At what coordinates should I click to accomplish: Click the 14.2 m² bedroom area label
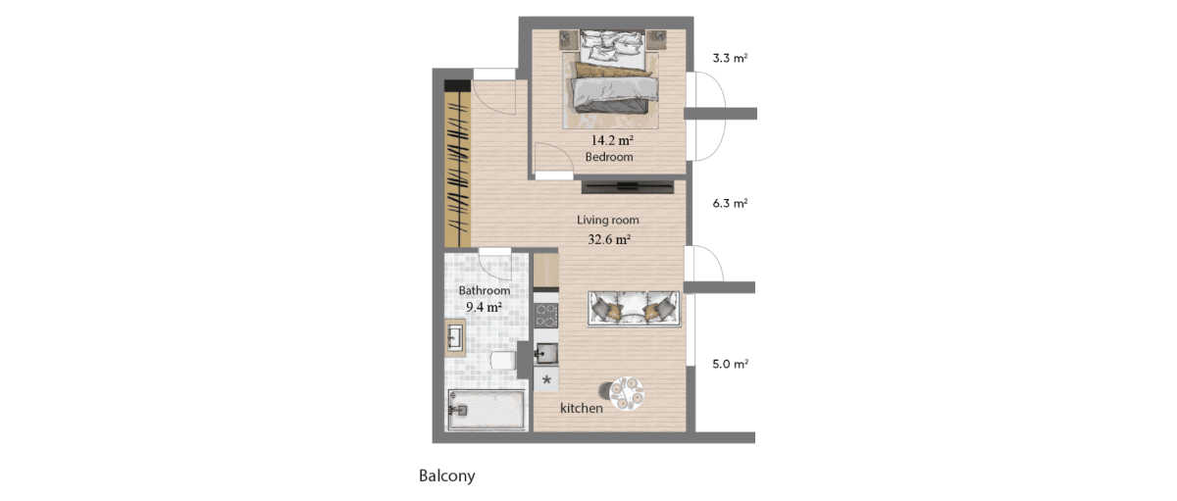tap(612, 140)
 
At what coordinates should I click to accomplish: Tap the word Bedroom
tap(609, 157)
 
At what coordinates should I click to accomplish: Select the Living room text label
tap(608, 220)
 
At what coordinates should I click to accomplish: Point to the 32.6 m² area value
tap(609, 239)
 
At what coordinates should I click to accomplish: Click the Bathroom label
tap(485, 290)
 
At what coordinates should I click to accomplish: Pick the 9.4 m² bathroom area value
tap(484, 307)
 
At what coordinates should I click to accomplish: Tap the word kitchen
tap(582, 408)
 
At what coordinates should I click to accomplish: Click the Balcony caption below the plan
tap(447, 476)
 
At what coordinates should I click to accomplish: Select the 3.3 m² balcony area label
tap(730, 58)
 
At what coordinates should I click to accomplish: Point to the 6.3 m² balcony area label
tap(730, 203)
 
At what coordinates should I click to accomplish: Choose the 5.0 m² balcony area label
tap(730, 364)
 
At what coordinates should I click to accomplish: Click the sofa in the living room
tap(634, 309)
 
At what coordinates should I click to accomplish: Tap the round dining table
tap(627, 393)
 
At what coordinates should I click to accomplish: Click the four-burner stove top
tap(546, 315)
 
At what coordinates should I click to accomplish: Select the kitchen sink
tap(546, 354)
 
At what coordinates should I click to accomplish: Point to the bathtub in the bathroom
tap(486, 410)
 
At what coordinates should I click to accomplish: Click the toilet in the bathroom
tap(504, 360)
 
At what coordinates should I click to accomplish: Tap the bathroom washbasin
tap(87, 337)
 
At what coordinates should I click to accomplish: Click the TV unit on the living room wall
tap(628, 187)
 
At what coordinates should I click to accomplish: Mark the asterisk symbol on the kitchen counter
tap(546, 379)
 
